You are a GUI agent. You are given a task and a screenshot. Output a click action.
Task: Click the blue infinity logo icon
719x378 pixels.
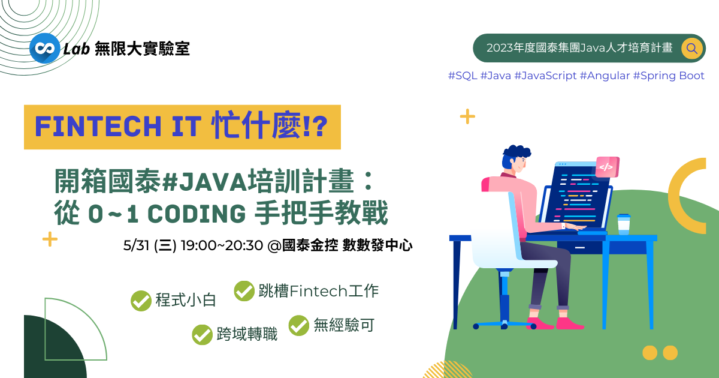44,48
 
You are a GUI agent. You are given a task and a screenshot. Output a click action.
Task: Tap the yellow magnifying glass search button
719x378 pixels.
691,49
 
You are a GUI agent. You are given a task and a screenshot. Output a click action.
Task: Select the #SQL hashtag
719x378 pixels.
463,76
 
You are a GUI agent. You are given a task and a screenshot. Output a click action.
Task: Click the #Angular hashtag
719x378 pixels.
605,76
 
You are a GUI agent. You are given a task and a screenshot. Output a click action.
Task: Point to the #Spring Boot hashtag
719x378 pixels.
669,76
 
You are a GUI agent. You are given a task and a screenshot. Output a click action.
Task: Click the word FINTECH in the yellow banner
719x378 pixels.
98,127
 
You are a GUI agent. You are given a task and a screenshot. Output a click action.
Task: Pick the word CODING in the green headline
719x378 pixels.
197,214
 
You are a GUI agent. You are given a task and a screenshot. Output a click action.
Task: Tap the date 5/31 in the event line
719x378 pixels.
136,245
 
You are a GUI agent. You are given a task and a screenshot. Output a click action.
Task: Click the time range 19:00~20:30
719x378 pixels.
222,245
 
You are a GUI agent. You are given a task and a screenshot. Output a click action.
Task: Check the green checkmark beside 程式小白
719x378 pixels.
141,301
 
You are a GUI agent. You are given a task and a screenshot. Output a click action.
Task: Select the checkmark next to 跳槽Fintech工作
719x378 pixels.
244,291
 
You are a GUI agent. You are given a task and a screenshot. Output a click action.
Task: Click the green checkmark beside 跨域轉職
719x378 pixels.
203,335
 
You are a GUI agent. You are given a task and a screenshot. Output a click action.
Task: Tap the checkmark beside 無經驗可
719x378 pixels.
299,325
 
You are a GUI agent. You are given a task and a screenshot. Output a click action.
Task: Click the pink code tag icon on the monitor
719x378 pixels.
608,167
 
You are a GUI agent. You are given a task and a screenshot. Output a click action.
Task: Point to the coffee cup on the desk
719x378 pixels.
624,224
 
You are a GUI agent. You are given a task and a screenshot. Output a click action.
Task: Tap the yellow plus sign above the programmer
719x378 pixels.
467,116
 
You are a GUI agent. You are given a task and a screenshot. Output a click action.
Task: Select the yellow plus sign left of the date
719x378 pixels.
50,239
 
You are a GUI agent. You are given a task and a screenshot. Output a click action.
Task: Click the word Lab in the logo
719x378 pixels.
77,49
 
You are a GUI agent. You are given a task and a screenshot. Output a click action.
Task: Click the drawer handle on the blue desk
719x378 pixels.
579,247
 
